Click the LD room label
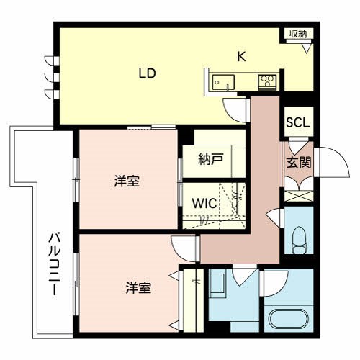[148, 73]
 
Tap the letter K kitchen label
[242, 57]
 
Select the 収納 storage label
[298, 33]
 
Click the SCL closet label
[297, 122]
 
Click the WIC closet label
[204, 203]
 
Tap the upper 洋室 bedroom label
[127, 181]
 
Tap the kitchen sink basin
[223, 82]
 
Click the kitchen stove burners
[267, 81]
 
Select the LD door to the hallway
[235, 109]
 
